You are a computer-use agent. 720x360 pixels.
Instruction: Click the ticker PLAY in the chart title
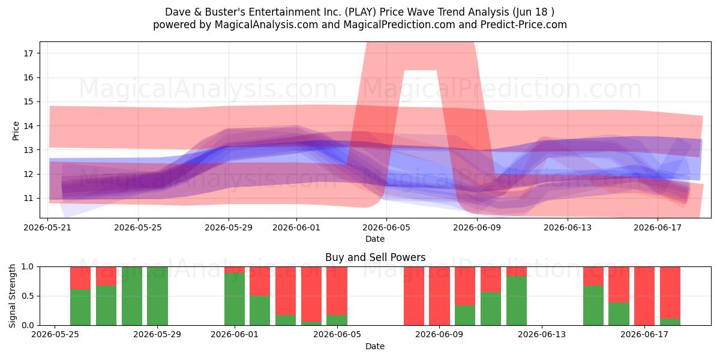[x=361, y=12]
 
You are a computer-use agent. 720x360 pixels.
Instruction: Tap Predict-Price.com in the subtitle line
[x=524, y=25]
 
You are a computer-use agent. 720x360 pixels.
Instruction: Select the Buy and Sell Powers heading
[x=375, y=257]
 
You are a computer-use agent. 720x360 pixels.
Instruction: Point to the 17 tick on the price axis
[x=28, y=53]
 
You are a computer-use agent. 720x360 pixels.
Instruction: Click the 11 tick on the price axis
[x=28, y=199]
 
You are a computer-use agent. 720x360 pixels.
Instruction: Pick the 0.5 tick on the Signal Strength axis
[x=28, y=296]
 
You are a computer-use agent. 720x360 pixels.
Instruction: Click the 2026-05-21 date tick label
[x=47, y=227]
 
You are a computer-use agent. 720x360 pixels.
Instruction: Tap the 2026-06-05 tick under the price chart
[x=386, y=227]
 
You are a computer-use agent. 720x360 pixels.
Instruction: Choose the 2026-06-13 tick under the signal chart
[x=542, y=334]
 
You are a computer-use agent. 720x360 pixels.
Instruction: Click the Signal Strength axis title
[x=12, y=296]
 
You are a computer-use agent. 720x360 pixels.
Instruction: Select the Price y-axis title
[x=16, y=131]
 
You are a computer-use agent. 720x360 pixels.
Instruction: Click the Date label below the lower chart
[x=375, y=346]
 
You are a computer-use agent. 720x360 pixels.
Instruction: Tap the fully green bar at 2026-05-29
[x=157, y=296]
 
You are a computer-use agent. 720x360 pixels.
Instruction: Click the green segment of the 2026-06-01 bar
[x=235, y=299]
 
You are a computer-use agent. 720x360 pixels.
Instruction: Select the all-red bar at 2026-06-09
[x=439, y=296]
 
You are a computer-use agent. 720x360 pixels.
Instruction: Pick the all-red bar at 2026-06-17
[x=644, y=296]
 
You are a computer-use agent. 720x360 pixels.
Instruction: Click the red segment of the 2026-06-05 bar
[x=337, y=290]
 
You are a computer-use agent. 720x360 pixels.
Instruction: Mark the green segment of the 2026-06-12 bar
[x=517, y=301]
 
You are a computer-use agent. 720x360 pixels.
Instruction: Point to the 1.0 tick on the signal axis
[x=28, y=267]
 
